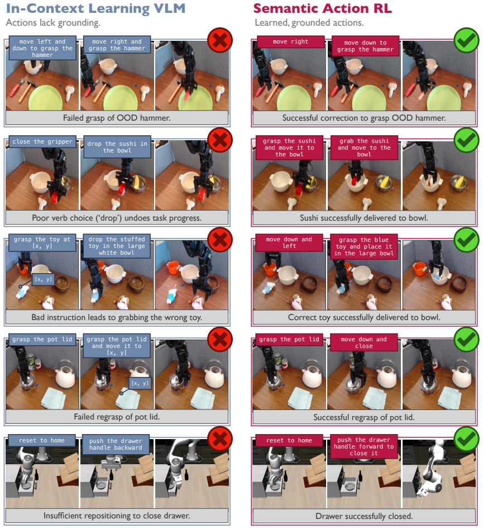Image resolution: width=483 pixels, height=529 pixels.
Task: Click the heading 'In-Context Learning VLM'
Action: (x=96, y=8)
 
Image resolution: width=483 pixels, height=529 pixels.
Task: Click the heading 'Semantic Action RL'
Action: (x=323, y=8)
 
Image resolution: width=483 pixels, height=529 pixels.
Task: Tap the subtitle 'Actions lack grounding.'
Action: (x=53, y=23)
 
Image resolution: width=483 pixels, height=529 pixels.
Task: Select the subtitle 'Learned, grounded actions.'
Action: (x=309, y=23)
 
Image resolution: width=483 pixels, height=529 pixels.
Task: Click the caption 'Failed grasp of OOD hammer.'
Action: (x=117, y=118)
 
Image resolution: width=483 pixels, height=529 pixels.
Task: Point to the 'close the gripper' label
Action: (x=42, y=142)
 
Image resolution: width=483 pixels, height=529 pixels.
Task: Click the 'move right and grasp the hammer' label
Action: (x=117, y=45)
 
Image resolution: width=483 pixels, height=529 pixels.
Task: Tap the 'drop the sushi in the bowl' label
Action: (x=117, y=147)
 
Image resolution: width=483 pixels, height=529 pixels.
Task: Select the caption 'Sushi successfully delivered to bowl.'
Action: (x=364, y=218)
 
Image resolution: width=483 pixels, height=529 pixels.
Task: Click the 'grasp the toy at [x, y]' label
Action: (x=42, y=242)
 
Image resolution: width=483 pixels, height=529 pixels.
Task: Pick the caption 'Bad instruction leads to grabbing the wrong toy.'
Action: (x=117, y=317)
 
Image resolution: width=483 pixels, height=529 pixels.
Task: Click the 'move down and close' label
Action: (x=364, y=342)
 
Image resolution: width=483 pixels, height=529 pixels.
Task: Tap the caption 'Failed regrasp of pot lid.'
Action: (x=117, y=417)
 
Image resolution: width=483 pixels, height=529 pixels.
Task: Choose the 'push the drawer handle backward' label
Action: (x=116, y=444)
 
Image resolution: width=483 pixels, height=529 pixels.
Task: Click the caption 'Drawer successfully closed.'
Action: (x=364, y=516)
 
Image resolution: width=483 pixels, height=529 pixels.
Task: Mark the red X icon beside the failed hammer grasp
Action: (x=220, y=40)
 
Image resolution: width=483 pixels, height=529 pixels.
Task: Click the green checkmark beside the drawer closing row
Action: (x=466, y=439)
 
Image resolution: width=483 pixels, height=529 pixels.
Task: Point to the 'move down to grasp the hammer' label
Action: (x=365, y=46)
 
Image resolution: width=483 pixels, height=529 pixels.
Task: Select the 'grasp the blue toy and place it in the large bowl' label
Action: (x=364, y=246)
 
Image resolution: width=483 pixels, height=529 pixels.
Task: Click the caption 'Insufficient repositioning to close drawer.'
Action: (x=117, y=516)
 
